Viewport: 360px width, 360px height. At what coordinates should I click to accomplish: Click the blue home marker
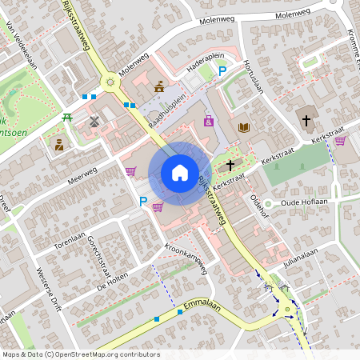coord(179,173)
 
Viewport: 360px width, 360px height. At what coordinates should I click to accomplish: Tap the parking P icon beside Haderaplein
coord(223,72)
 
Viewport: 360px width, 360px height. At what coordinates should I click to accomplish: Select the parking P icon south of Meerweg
coord(143,202)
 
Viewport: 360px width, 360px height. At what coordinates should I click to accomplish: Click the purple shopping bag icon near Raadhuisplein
coord(209,121)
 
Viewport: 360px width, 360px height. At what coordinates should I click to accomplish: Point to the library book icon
coord(244,127)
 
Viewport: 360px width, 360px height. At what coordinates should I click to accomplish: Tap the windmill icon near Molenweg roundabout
coord(94,122)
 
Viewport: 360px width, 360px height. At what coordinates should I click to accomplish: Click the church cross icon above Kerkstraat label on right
coord(306,120)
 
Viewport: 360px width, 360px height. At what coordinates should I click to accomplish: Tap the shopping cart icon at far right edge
coord(340,142)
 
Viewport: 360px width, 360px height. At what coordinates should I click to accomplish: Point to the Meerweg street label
coord(82,175)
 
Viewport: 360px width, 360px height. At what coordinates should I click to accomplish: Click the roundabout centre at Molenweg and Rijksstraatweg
coord(110,81)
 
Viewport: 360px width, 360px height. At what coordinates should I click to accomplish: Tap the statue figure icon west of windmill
coord(59,144)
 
